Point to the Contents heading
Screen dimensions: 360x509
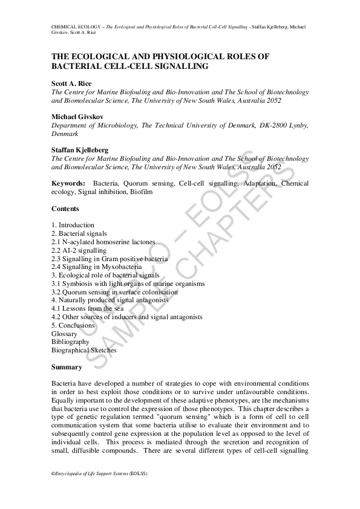pyautogui.click(x=65, y=209)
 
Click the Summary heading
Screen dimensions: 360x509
pyautogui.click(x=67, y=367)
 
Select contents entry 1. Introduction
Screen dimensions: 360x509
pyautogui.click(x=73, y=225)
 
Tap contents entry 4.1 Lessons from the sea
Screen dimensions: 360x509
pyautogui.click(x=82, y=308)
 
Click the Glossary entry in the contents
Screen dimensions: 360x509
pyautogui.click(x=64, y=334)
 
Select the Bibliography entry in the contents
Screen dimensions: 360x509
pyautogui.click(x=70, y=342)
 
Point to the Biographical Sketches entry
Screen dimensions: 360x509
pyautogui.click(x=84, y=350)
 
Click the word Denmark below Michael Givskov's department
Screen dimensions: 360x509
pyautogui.click(x=65, y=134)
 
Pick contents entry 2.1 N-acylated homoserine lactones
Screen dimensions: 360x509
pyautogui.click(x=103, y=242)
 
